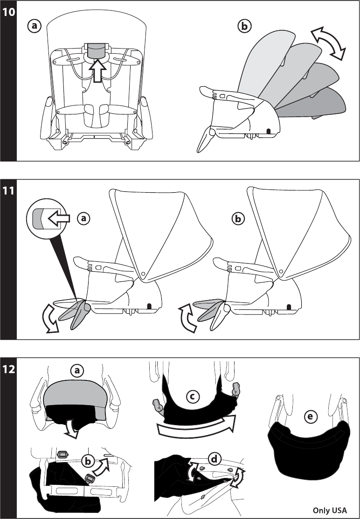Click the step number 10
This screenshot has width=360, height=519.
[x=8, y=13]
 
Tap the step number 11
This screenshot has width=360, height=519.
[x=8, y=192]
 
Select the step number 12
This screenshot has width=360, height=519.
[x=8, y=370]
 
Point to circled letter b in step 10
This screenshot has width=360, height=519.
[x=243, y=27]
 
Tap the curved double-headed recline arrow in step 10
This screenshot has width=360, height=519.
[x=329, y=43]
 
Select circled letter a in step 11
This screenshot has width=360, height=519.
[x=83, y=218]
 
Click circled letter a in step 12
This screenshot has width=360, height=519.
[x=76, y=371]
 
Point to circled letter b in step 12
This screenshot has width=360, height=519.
[x=87, y=461]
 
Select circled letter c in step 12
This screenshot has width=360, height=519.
[x=192, y=397]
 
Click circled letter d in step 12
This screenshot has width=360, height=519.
[x=214, y=460]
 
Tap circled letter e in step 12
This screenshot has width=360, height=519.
[x=309, y=418]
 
